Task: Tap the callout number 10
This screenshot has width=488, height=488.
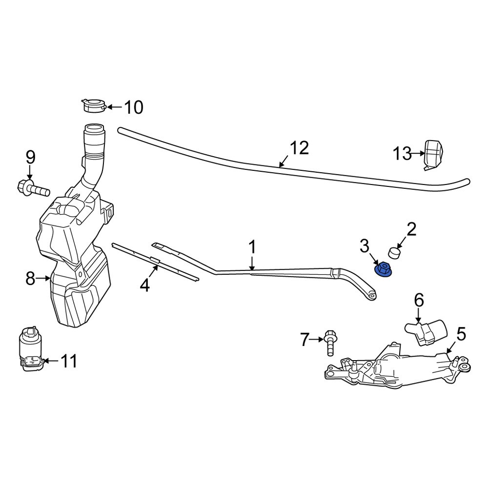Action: (x=133, y=107)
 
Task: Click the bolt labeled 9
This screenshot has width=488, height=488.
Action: (x=33, y=187)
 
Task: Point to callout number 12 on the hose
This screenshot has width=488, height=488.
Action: (x=300, y=148)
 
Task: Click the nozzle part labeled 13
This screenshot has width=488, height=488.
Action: (x=433, y=154)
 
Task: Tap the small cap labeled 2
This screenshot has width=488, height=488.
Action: (x=394, y=253)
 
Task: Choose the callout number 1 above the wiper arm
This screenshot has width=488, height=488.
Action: (x=252, y=247)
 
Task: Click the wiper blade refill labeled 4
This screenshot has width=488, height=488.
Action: (x=155, y=261)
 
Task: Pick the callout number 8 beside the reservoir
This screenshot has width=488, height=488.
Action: (x=30, y=279)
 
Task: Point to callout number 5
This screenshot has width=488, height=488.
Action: (x=461, y=335)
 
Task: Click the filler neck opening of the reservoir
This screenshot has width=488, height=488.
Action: (x=94, y=130)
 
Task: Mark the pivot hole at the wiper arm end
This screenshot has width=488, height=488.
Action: (x=372, y=294)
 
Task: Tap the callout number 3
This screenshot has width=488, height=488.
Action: (x=365, y=246)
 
